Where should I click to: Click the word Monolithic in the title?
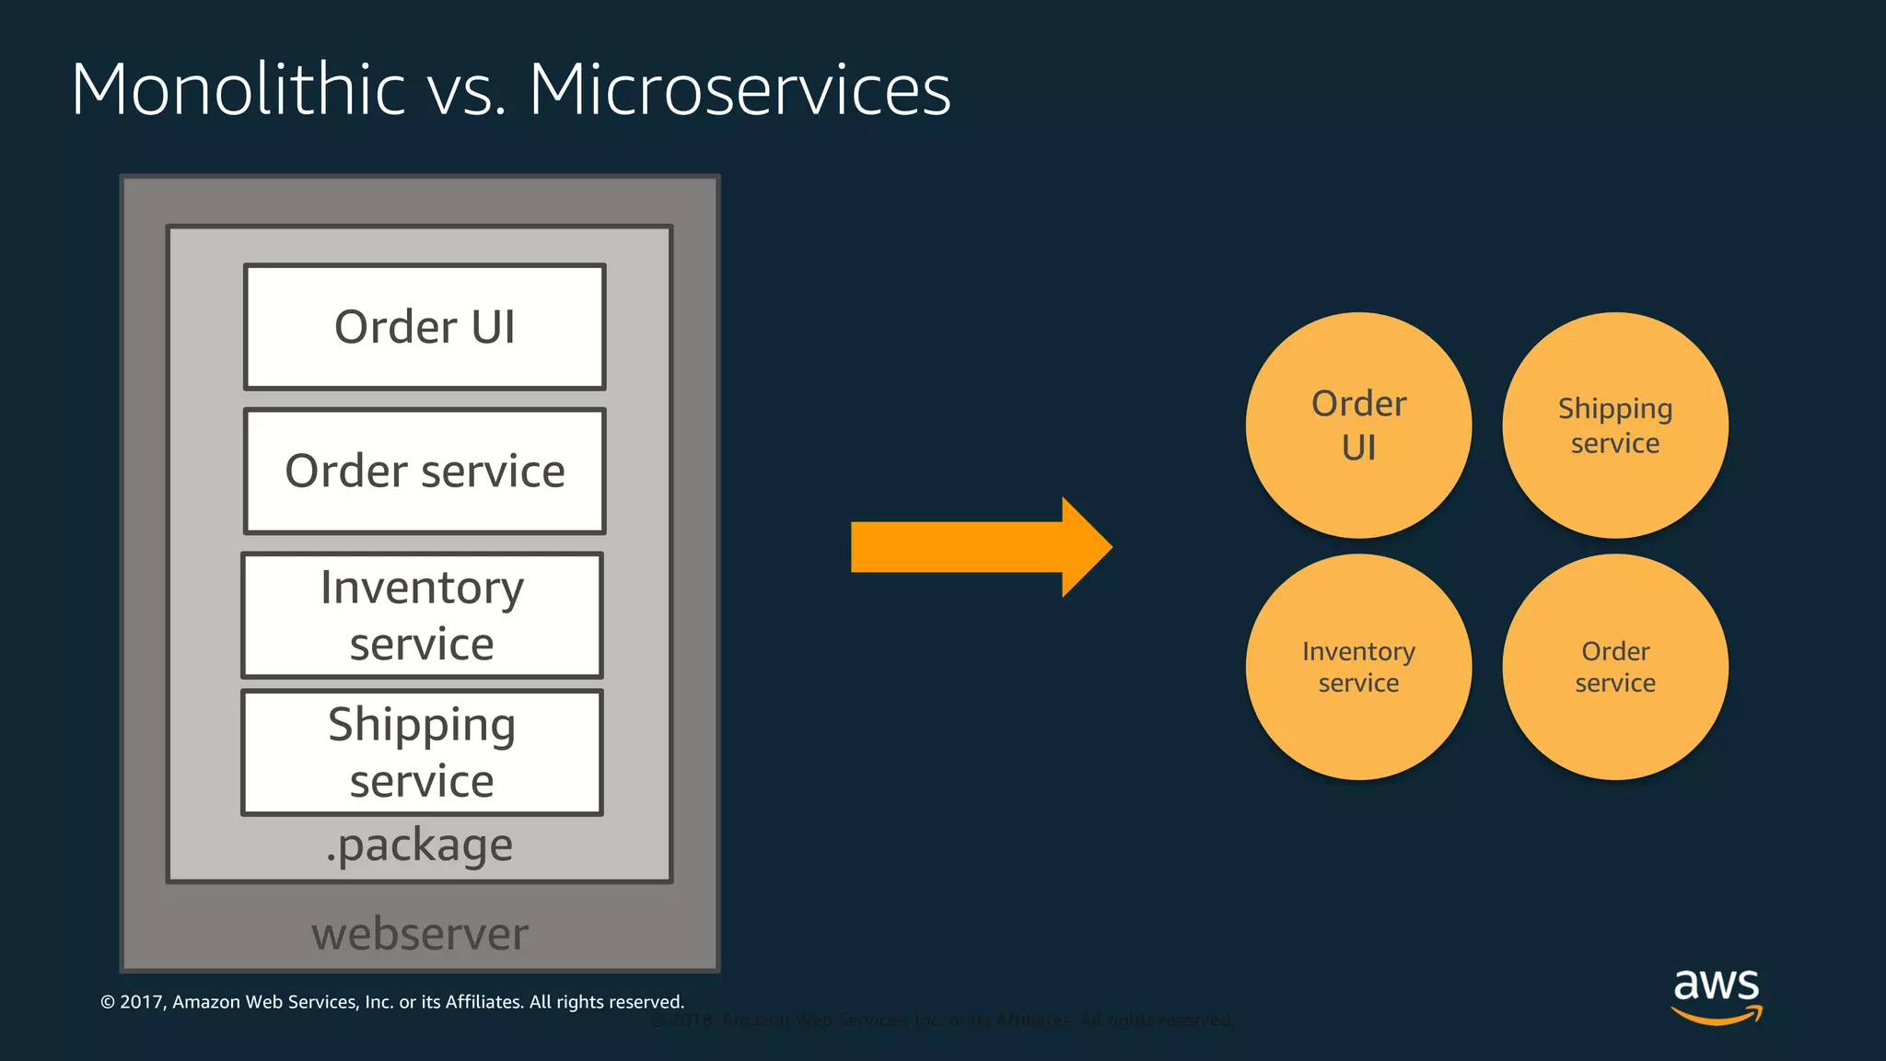(x=238, y=89)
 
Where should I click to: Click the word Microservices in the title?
(x=739, y=89)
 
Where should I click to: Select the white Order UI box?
(x=425, y=327)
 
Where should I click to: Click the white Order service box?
(x=425, y=472)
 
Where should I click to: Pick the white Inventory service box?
(x=422, y=615)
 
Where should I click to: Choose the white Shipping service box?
(x=422, y=752)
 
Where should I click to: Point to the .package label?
(x=419, y=845)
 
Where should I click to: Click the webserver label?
(x=420, y=934)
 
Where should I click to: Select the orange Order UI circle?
(x=1358, y=426)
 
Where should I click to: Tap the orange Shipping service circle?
(x=1615, y=426)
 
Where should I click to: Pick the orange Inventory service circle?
(x=1358, y=667)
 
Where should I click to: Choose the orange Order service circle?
(x=1615, y=667)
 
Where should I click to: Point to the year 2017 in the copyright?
(x=142, y=1002)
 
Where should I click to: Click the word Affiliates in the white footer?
(x=483, y=1002)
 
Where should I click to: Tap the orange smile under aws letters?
(x=1717, y=1016)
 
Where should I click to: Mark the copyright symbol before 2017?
(x=108, y=1002)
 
